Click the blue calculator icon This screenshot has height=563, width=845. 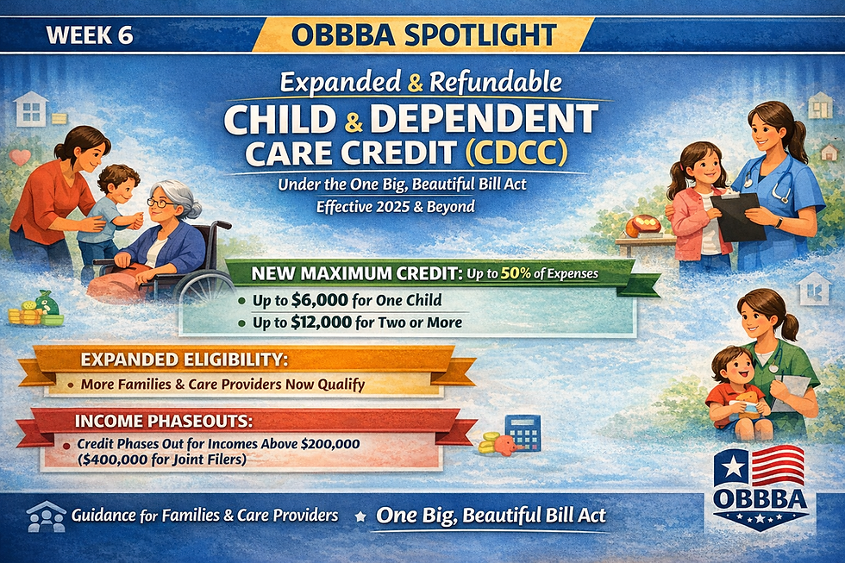pos(523,431)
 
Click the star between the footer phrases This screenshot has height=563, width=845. pos(359,516)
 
